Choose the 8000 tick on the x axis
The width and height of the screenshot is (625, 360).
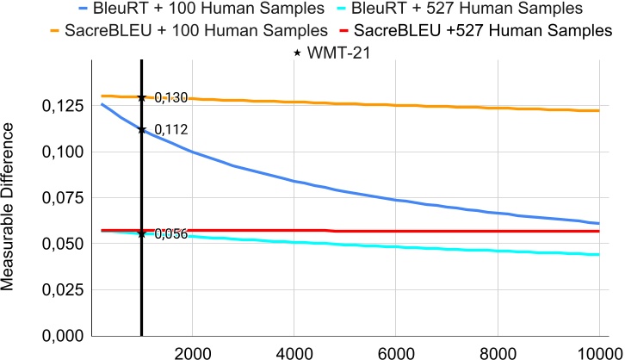[496, 351]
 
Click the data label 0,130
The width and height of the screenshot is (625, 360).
[171, 97]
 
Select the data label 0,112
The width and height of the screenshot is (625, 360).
[171, 130]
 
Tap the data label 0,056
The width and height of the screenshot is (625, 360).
[171, 234]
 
